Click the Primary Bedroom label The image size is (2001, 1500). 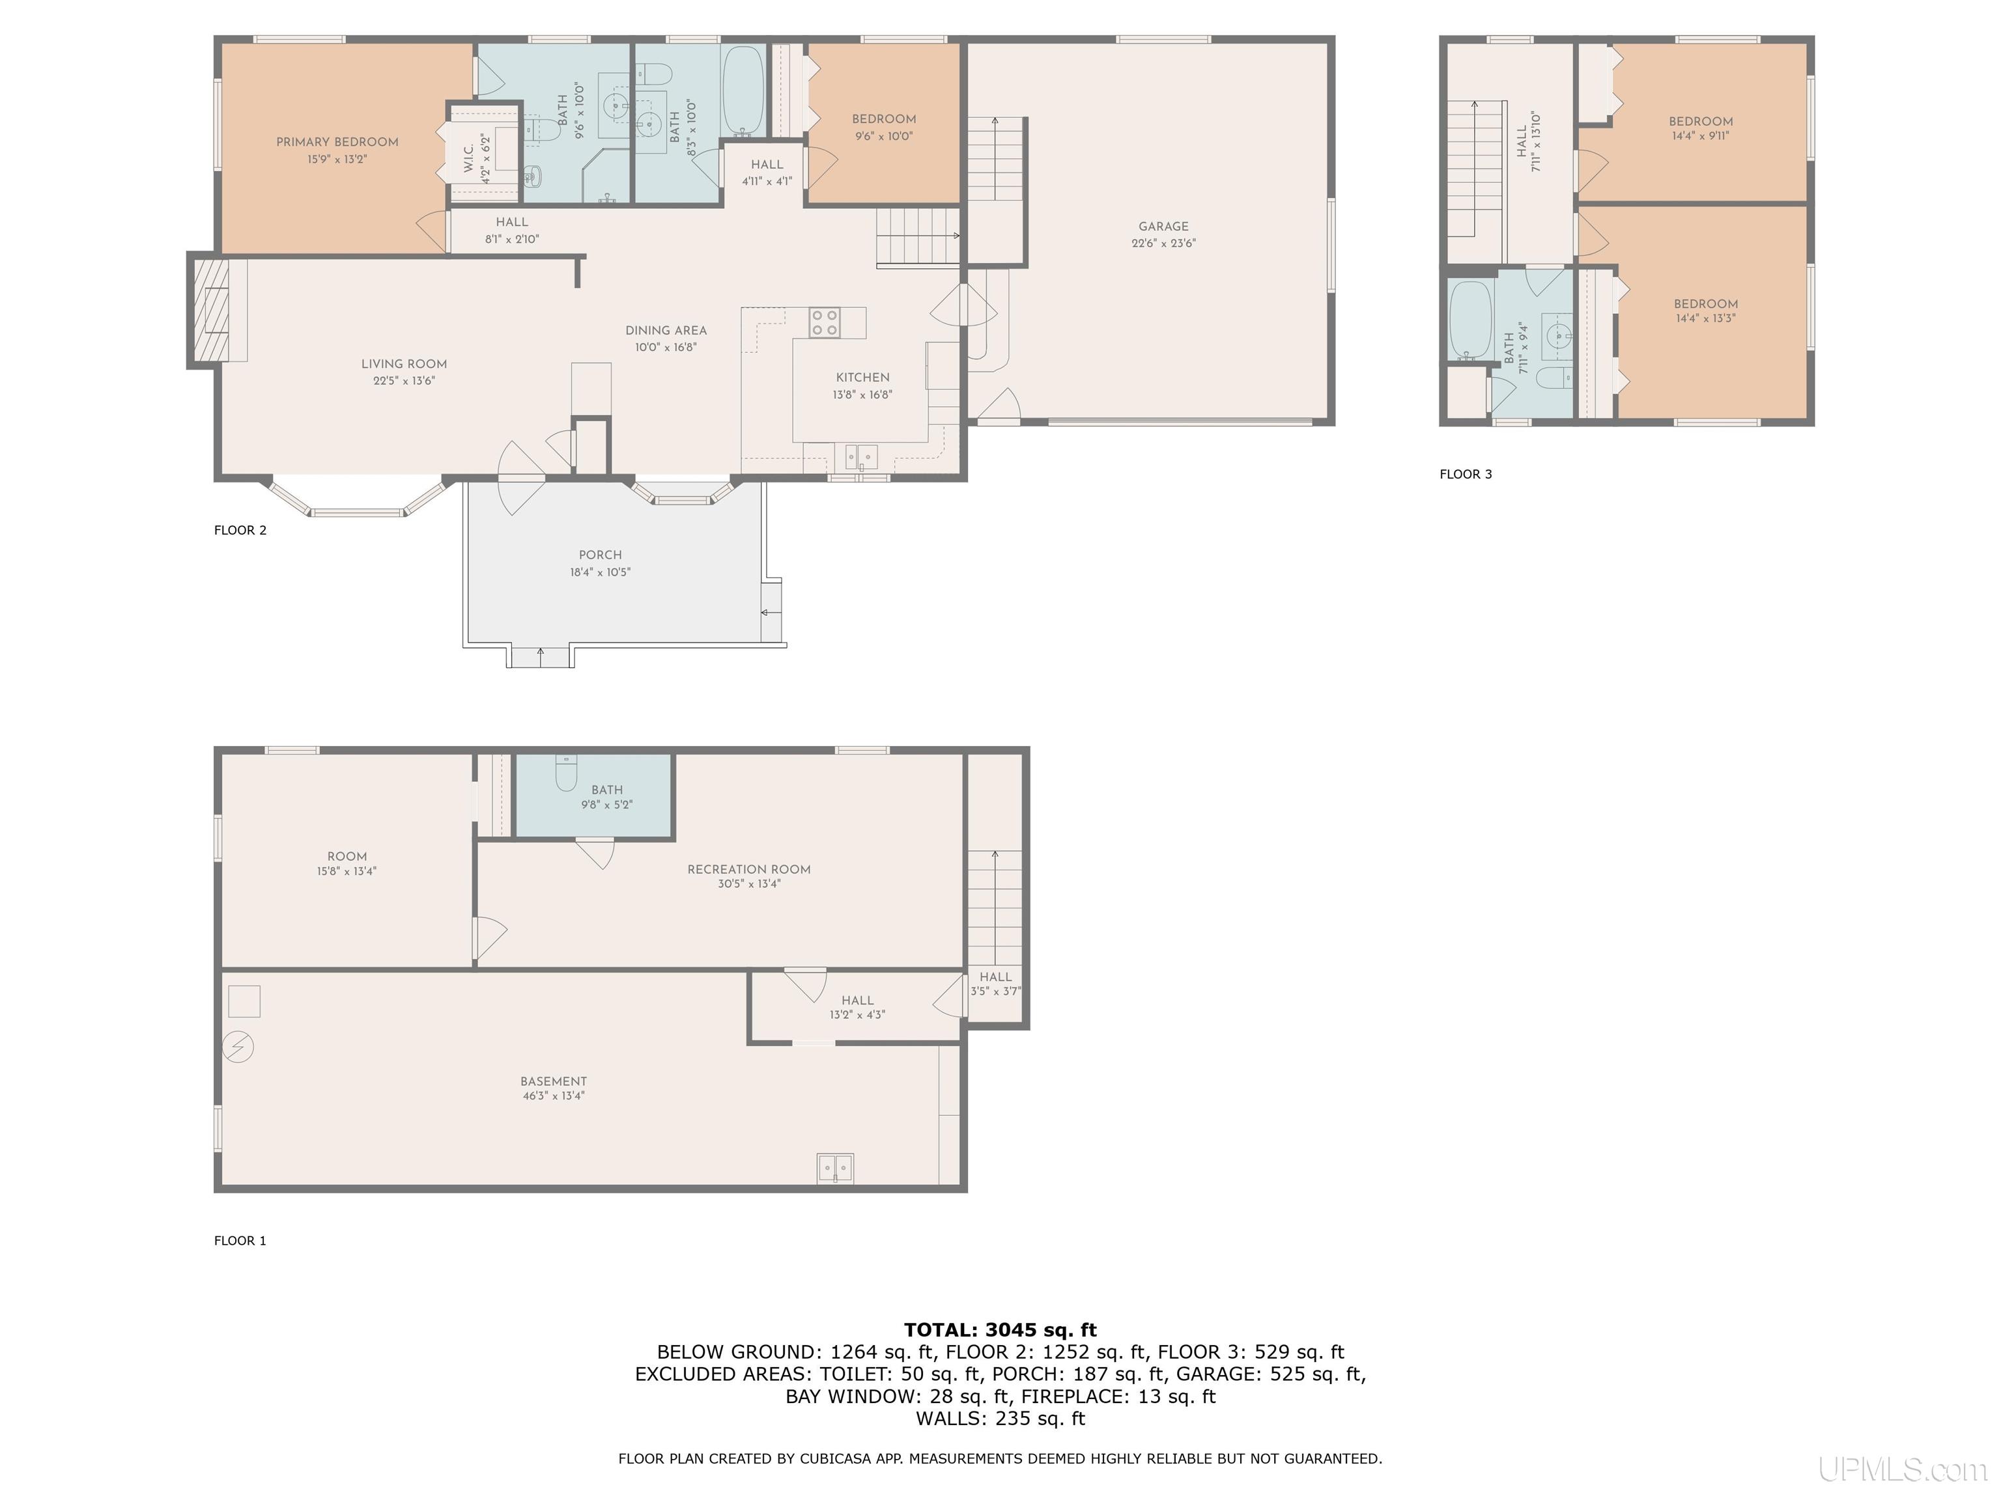[337, 142]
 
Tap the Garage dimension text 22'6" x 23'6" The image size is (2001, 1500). [1163, 243]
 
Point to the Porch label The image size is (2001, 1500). [600, 555]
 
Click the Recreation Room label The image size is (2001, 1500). [748, 869]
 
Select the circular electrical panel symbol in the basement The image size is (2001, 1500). [238, 1047]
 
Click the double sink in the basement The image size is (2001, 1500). [835, 1168]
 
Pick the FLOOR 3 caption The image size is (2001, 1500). [1466, 474]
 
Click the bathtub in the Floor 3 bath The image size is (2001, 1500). [1470, 320]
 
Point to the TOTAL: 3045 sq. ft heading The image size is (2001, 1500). [1000, 1329]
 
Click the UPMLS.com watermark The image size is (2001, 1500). [1901, 1469]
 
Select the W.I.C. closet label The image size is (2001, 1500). [468, 159]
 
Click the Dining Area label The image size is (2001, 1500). [666, 331]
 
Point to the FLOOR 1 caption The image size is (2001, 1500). [240, 1240]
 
